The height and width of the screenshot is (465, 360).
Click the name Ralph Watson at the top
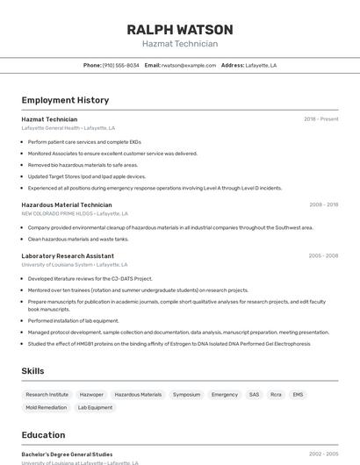[179, 29]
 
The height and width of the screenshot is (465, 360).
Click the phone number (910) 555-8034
[120, 65]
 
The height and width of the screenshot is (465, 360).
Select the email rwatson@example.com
[188, 65]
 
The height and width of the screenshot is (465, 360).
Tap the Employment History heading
[65, 100]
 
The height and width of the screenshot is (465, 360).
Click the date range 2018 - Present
[320, 119]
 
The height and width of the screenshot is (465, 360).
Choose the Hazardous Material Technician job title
[67, 204]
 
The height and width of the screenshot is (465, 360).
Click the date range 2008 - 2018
[323, 204]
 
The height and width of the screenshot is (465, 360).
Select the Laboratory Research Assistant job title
[68, 256]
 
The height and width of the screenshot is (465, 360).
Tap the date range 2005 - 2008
[323, 256]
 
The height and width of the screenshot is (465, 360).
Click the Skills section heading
[32, 371]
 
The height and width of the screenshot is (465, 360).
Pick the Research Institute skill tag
[47, 395]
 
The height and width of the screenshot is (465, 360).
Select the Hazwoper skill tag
[91, 395]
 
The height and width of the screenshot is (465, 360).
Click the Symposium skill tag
[186, 395]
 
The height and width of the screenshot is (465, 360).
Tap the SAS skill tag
[254, 395]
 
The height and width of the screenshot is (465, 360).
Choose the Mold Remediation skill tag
[46, 407]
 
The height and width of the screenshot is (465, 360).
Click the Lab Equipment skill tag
[95, 407]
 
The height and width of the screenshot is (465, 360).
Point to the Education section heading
[43, 435]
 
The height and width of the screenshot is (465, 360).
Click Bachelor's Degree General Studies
[67, 454]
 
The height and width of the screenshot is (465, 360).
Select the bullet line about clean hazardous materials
[78, 239]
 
